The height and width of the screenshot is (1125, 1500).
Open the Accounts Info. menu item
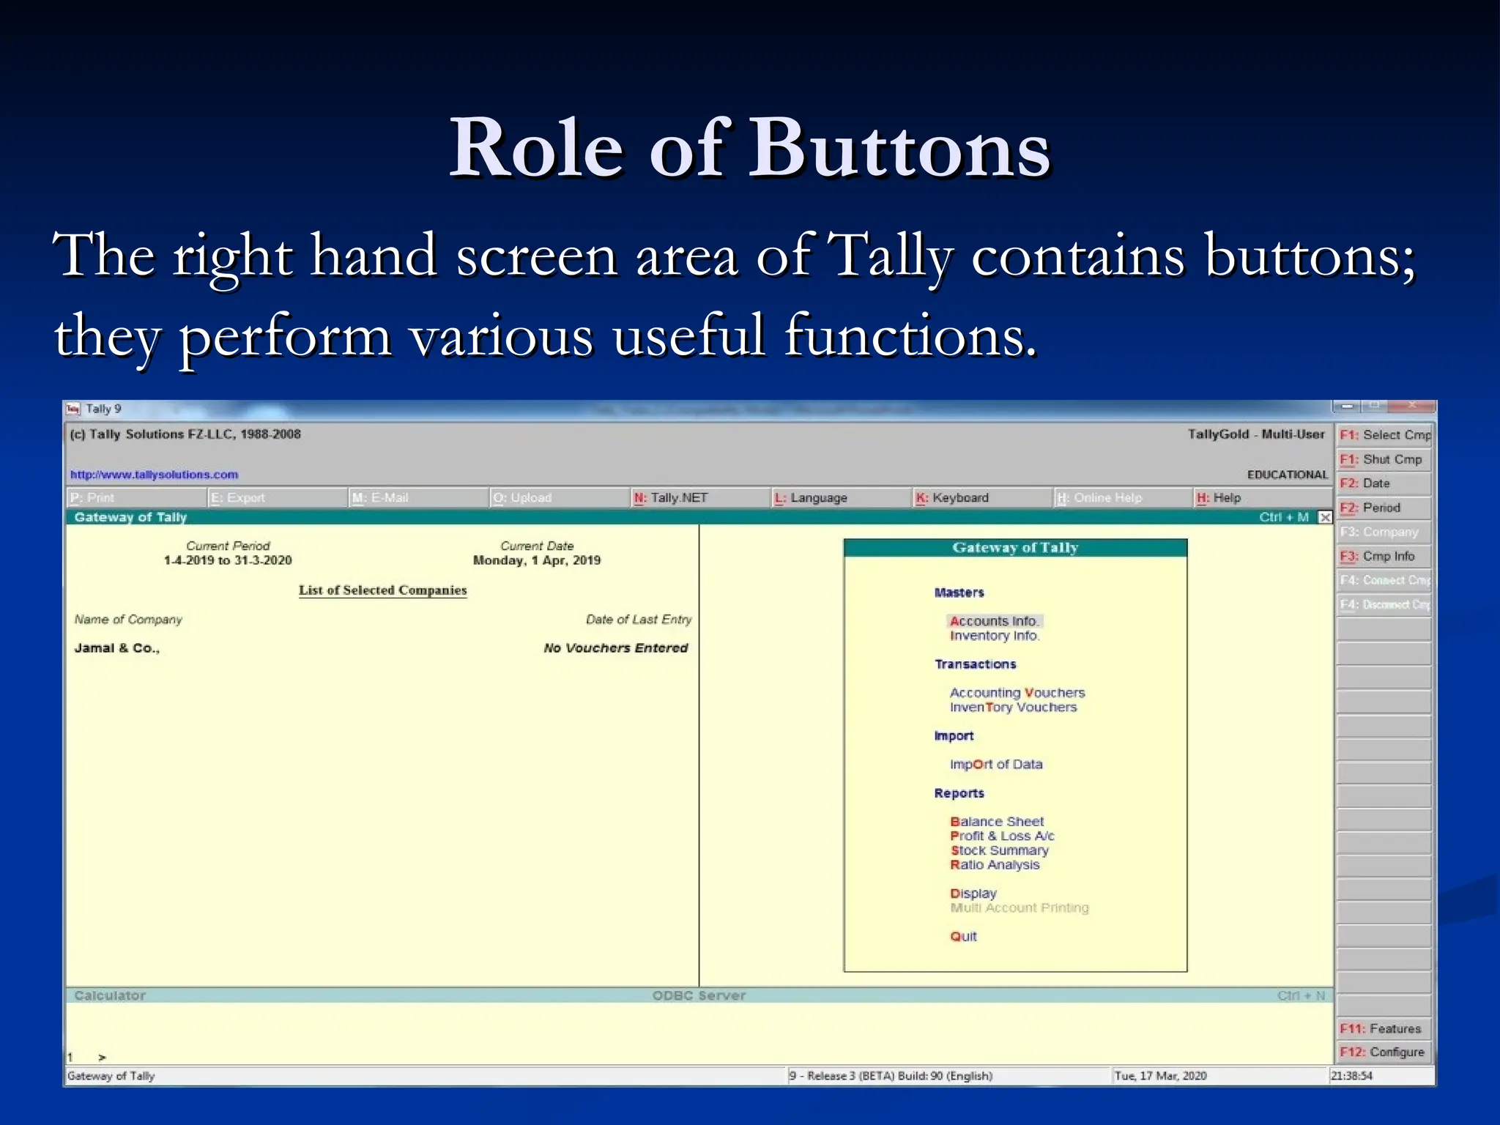pos(994,621)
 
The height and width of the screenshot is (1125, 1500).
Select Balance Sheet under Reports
pos(997,822)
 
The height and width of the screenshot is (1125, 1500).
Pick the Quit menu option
pos(963,937)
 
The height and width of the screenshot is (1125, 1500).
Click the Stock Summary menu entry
pos(999,850)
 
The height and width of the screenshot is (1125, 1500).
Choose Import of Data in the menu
pos(996,765)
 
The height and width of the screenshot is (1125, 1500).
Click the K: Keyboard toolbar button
pos(952,498)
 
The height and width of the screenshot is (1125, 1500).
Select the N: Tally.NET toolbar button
pos(672,498)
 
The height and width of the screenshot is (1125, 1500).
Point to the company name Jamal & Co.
pos(116,648)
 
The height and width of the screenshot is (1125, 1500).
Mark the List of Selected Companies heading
pos(382,590)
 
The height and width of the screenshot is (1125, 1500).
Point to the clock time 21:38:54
pos(1351,1076)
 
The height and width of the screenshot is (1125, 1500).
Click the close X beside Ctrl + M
pos(1325,518)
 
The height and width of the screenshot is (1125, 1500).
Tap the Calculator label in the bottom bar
pos(110,995)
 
